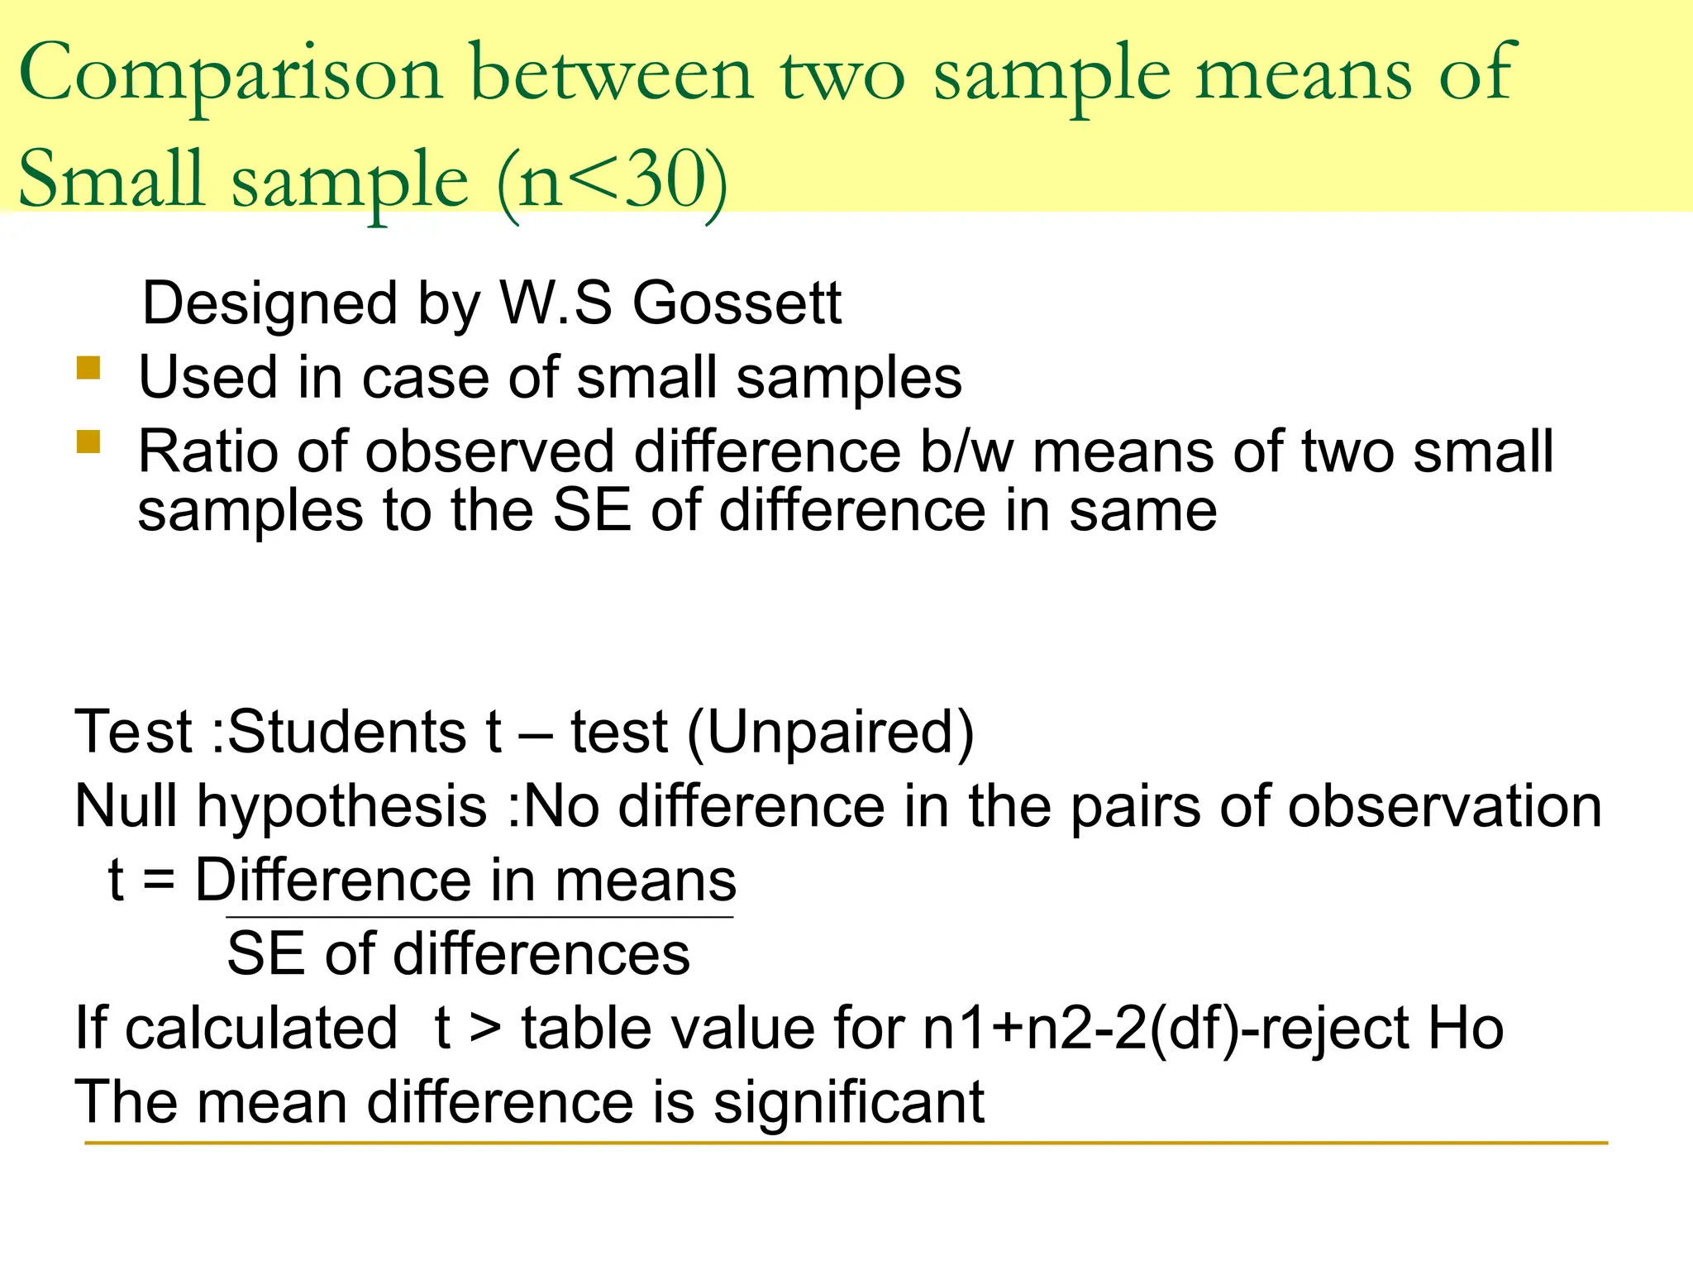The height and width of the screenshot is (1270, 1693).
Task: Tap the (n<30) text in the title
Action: [612, 180]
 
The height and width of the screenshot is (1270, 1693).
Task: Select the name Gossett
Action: [737, 303]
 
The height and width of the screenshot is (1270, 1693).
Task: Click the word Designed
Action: [269, 303]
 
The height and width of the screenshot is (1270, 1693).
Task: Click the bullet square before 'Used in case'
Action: [88, 367]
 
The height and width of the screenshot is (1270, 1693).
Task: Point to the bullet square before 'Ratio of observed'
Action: [88, 442]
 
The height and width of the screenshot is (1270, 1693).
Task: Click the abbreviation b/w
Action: [966, 452]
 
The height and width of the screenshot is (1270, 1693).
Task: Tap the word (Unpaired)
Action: [830, 733]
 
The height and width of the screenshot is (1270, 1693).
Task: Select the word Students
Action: [347, 733]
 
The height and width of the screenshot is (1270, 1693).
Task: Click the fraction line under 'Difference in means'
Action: [479, 917]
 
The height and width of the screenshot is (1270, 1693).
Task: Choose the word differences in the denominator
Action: [541, 954]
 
